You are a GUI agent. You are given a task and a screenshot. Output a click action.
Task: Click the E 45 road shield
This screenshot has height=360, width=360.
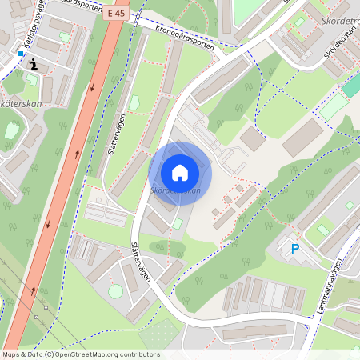[x=114, y=13]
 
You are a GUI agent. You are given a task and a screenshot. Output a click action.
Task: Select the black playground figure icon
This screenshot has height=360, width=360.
[x=33, y=64]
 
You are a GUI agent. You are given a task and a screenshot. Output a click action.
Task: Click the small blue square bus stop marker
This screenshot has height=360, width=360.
[x=21, y=54]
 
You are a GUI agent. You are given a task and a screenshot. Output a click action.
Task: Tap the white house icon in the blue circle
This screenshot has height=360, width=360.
[x=180, y=172]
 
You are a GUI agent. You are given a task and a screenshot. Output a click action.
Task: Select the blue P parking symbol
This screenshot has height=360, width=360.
[x=294, y=250]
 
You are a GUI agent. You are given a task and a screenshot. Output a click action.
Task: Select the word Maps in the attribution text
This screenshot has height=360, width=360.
[x=12, y=354]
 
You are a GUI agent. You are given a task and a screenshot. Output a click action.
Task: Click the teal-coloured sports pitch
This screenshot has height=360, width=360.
[x=334, y=107]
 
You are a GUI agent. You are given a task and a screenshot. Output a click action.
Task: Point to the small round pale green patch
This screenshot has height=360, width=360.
[x=115, y=291]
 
